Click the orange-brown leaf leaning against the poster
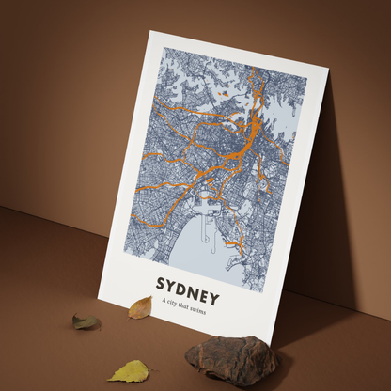click(140, 306)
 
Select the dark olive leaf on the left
click(86, 322)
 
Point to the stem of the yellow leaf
click(111, 378)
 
